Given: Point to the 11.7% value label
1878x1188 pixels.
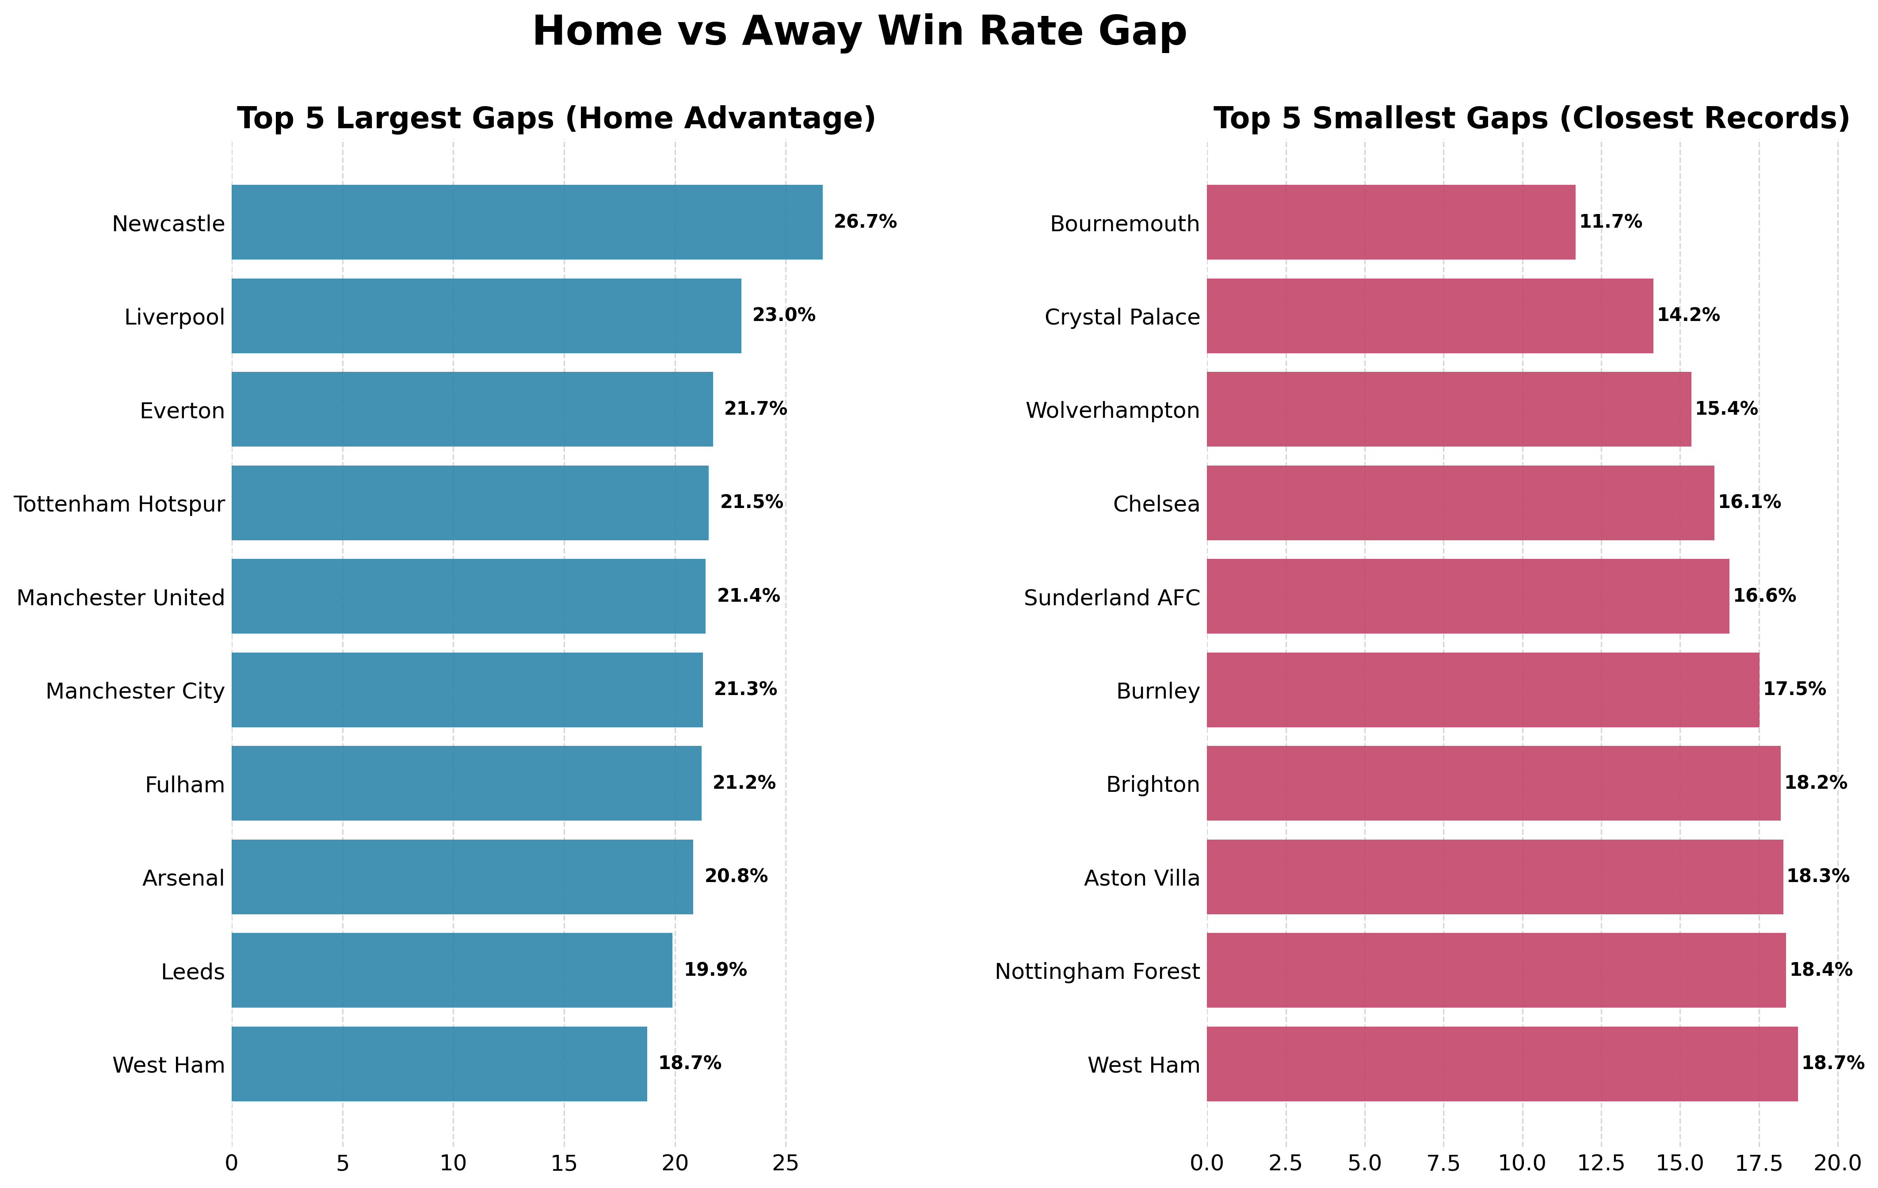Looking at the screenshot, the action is pos(1611,222).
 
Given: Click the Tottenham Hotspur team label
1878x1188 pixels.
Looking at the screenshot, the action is pos(119,504).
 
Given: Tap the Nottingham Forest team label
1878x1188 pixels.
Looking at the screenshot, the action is pos(1097,972).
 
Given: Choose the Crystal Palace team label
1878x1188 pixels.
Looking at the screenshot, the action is pos(1122,317).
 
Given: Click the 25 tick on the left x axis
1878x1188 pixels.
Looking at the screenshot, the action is pos(785,1163).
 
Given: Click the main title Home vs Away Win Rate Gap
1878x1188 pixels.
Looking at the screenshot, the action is pos(859,32).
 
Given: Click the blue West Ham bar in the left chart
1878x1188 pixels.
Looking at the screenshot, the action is pos(439,1064).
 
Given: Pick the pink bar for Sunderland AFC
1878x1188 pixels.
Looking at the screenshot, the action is pos(1468,597).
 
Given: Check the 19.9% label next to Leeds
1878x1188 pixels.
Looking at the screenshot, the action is pos(715,970).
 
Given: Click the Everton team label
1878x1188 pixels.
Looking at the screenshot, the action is pos(183,411).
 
